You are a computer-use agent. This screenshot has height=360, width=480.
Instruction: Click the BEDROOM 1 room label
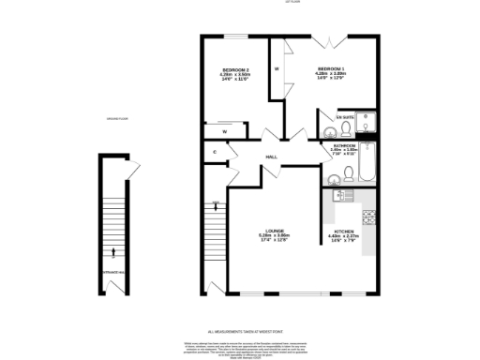coord(330,70)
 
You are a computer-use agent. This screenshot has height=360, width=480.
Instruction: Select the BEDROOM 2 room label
coord(234,70)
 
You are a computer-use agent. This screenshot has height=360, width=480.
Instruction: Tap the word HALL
coord(271,157)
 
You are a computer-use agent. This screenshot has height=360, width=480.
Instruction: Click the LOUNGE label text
coord(275,233)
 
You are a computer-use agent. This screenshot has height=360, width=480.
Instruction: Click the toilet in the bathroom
coord(347,172)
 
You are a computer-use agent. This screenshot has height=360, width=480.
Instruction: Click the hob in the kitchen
coord(369,217)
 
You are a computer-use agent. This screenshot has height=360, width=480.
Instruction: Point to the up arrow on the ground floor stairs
coord(113,250)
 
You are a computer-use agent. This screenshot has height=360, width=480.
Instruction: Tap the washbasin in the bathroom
coord(331,173)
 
